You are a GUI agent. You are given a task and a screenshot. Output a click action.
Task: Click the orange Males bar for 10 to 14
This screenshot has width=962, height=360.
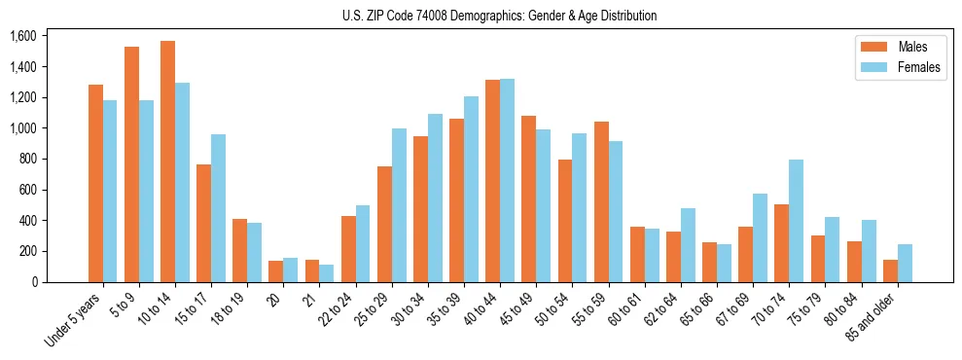167,162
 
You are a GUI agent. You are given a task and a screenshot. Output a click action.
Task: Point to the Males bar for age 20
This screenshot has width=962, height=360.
275,271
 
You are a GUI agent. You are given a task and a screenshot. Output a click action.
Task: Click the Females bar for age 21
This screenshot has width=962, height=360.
327,273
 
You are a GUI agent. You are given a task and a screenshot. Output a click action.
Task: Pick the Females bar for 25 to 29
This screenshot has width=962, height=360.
399,205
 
